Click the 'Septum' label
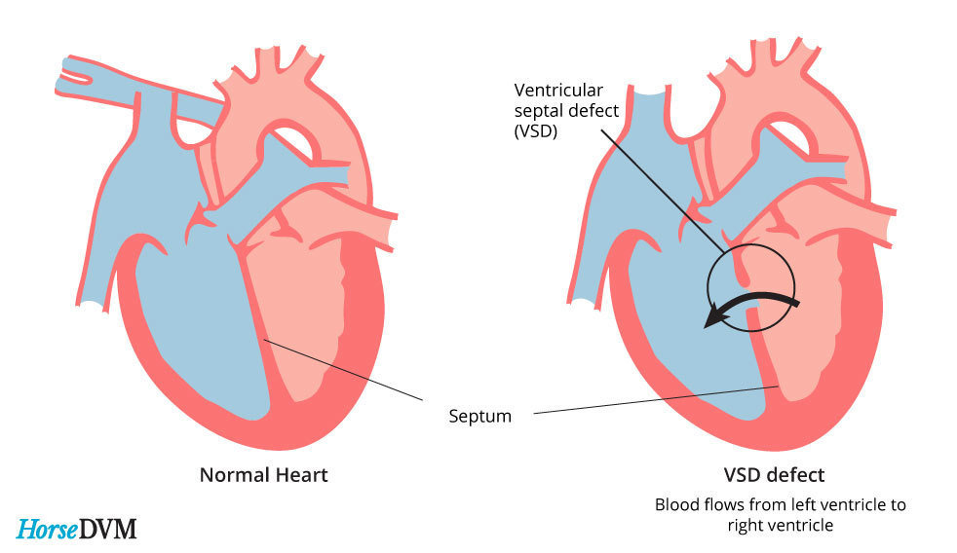479,417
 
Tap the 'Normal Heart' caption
263,475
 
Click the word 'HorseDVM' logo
76,529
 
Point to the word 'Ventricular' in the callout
555,91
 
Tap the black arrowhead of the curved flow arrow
718,316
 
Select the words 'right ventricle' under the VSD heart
780,525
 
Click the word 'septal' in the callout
537,111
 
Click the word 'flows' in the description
718,505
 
